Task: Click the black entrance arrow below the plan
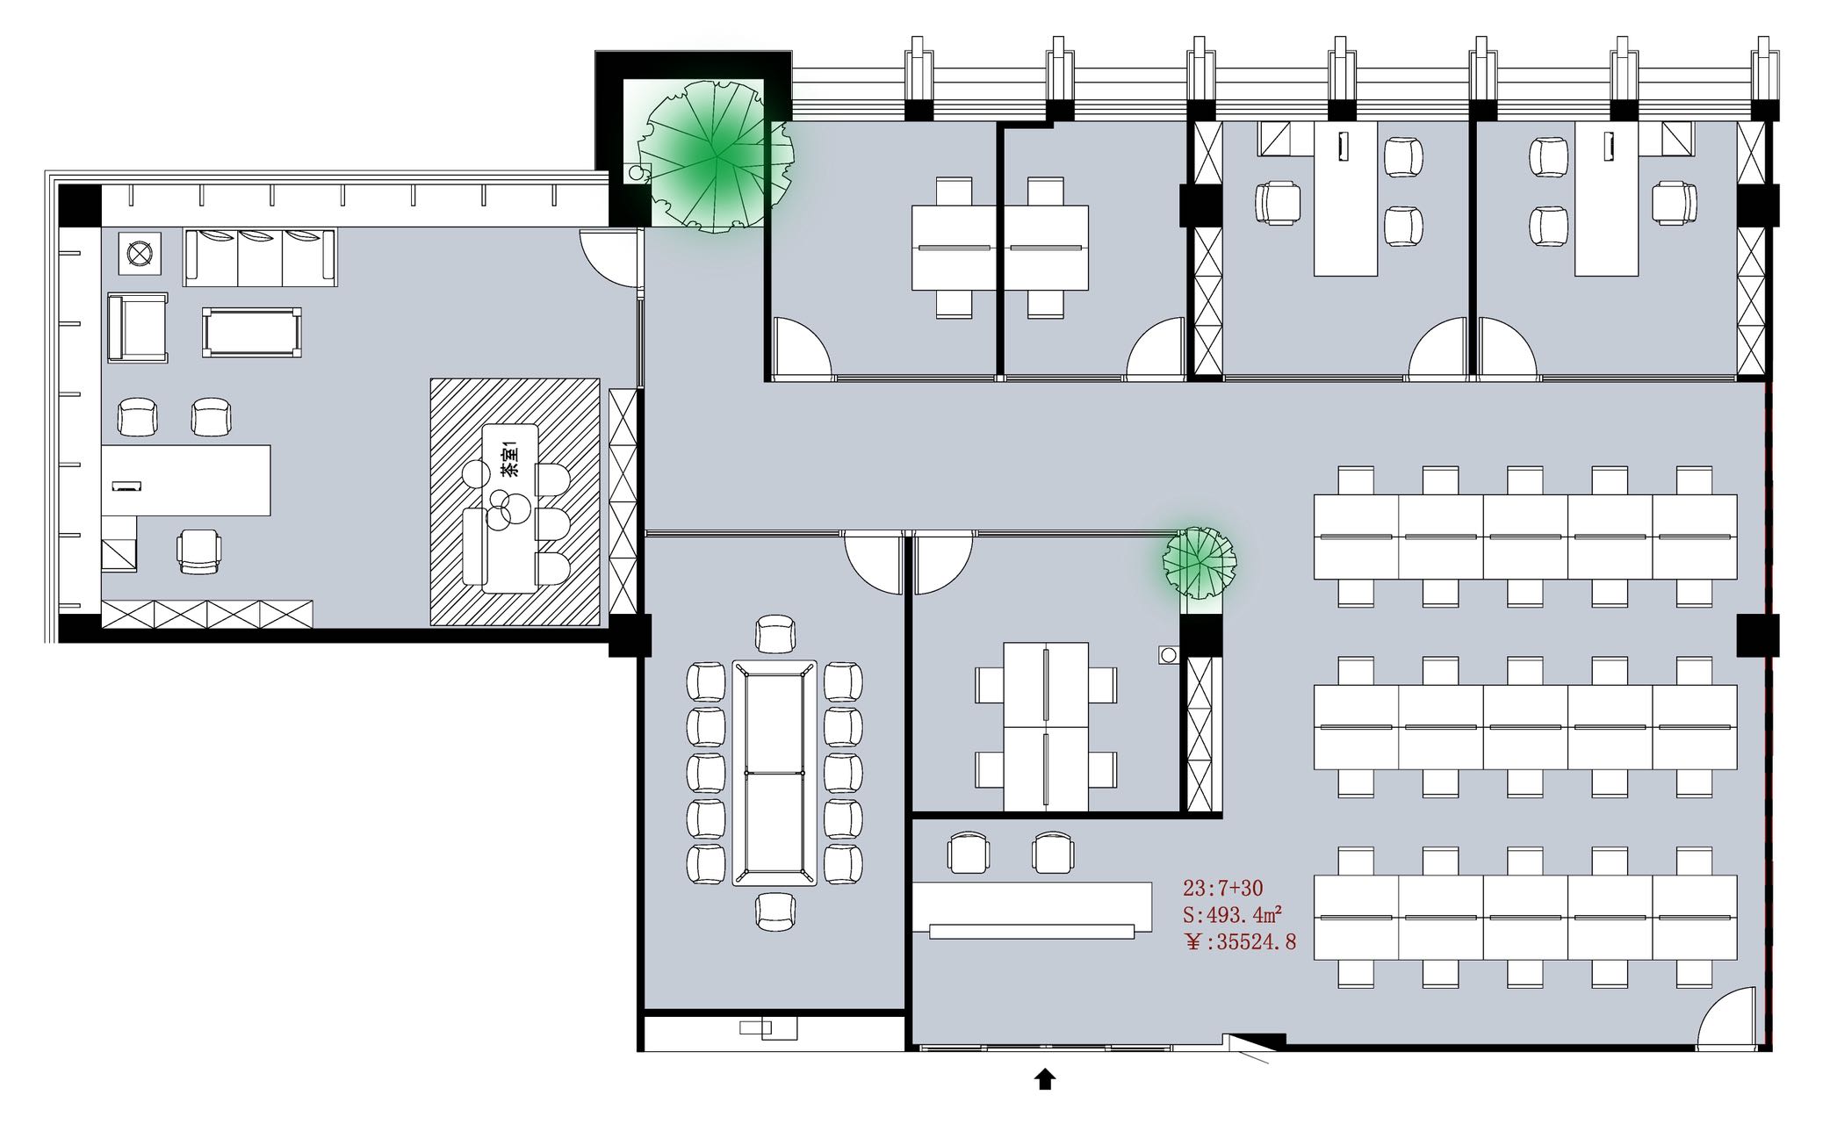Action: (1044, 1079)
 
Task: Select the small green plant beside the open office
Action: (1200, 561)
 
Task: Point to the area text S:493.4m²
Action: (1233, 915)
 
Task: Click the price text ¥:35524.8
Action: (1240, 943)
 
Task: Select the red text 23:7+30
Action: (1223, 888)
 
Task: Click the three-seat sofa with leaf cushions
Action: (260, 256)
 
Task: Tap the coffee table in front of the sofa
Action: (252, 332)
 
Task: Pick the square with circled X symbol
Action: (139, 253)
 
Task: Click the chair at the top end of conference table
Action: (775, 634)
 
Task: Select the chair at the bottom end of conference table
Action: (775, 911)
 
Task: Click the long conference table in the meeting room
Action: (775, 773)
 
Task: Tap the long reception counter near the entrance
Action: (1032, 910)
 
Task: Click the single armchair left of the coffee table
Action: (138, 328)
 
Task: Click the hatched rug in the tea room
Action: (515, 501)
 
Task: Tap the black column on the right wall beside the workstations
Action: (1757, 635)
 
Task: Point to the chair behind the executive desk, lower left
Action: (199, 552)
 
